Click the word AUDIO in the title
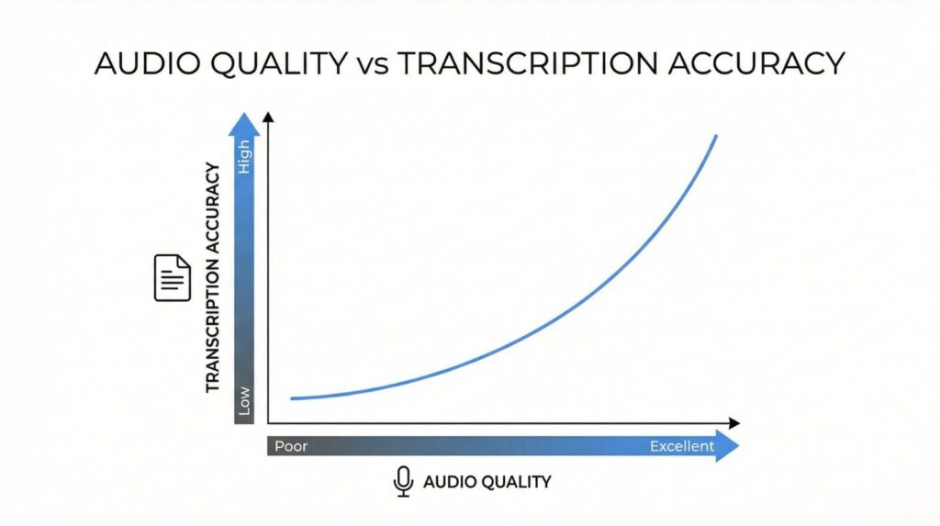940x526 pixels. pyautogui.click(x=148, y=63)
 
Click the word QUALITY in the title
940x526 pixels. pyautogui.click(x=279, y=63)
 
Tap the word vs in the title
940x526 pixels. pyautogui.click(x=373, y=66)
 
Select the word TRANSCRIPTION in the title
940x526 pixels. pyautogui.click(x=528, y=63)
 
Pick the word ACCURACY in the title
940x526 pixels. pyautogui.click(x=756, y=63)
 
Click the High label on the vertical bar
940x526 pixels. pyautogui.click(x=244, y=157)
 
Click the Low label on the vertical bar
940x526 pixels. pyautogui.click(x=244, y=400)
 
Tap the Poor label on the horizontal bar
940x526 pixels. pyautogui.click(x=291, y=446)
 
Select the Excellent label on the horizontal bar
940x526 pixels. pyautogui.click(x=682, y=446)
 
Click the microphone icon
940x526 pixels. pyautogui.click(x=404, y=481)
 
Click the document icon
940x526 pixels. pyautogui.click(x=173, y=278)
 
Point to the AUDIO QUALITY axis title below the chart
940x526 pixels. pyautogui.click(x=487, y=482)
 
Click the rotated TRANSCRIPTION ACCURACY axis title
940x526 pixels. pyautogui.click(x=213, y=278)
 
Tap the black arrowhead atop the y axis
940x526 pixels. pyautogui.click(x=268, y=117)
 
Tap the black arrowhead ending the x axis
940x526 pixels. pyautogui.click(x=734, y=423)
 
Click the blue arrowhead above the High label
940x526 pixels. pyautogui.click(x=244, y=125)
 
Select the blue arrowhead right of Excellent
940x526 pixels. pyautogui.click(x=728, y=445)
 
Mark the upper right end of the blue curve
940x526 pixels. pyautogui.click(x=716, y=137)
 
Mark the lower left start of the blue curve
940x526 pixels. pyautogui.click(x=292, y=398)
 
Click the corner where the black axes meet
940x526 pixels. pyautogui.click(x=268, y=423)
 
